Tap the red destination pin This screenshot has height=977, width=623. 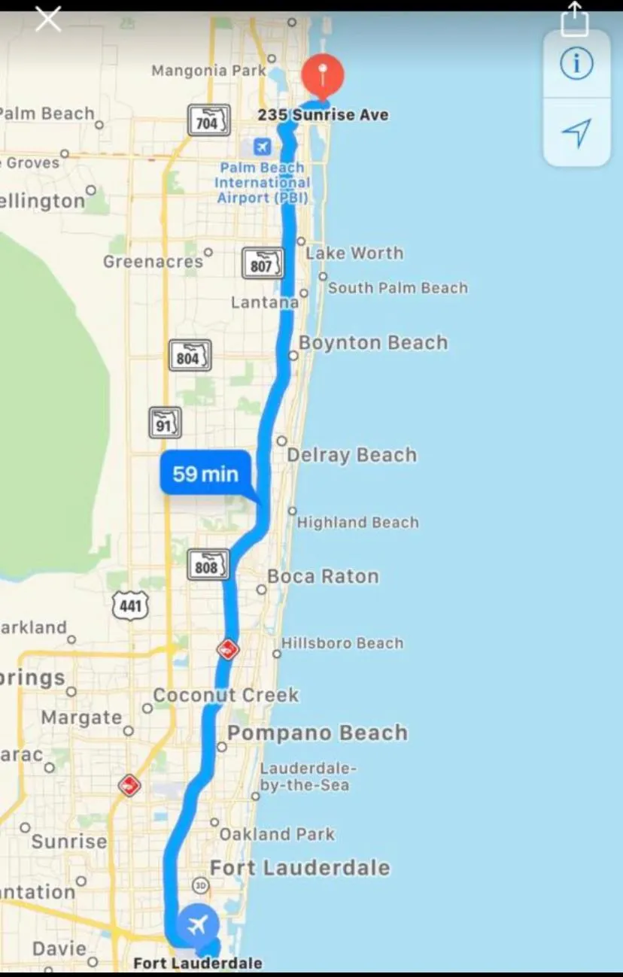[x=323, y=75]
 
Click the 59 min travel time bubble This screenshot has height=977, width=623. [x=205, y=474]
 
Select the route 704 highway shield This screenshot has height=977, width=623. [x=208, y=121]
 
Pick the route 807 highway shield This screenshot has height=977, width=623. [x=263, y=264]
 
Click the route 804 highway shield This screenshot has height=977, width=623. [x=190, y=357]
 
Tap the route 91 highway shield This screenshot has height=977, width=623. [x=165, y=423]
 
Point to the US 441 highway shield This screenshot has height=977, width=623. [x=131, y=605]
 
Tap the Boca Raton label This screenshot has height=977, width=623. [x=323, y=577]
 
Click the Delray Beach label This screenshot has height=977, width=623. [x=351, y=455]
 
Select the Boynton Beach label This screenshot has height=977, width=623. [x=372, y=343]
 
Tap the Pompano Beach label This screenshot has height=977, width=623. [x=317, y=733]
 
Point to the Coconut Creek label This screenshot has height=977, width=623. [x=226, y=695]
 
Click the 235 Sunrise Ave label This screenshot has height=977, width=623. [x=323, y=115]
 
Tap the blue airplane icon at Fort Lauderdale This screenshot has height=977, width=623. [x=198, y=924]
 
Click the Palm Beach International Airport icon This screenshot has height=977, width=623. [x=262, y=146]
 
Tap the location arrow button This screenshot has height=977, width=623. [x=576, y=133]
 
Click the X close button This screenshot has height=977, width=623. [x=48, y=19]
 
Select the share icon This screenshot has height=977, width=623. [x=575, y=18]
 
